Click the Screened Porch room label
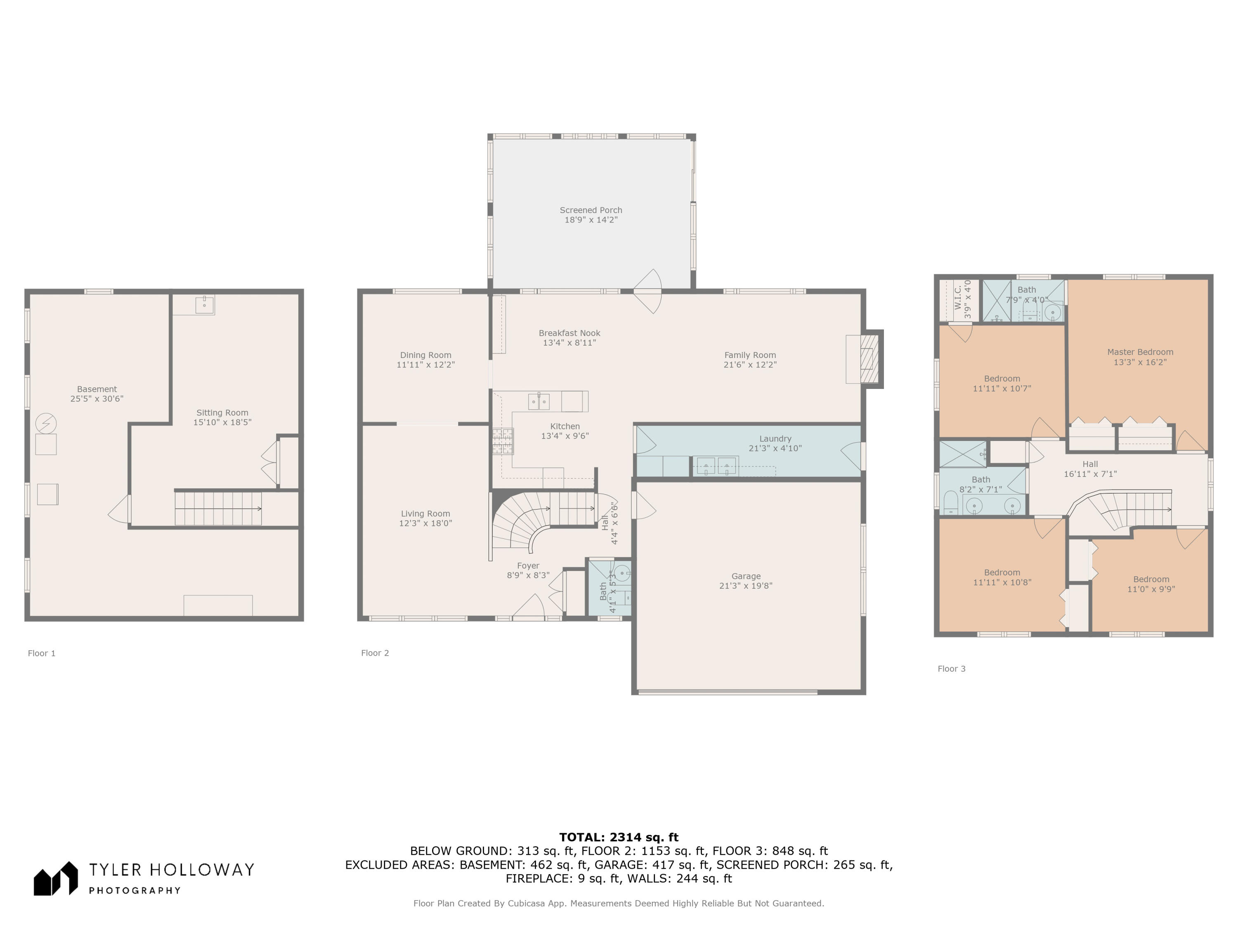click(591, 210)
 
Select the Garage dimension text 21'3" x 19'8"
click(746, 586)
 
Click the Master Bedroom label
click(1140, 352)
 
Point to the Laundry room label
click(775, 438)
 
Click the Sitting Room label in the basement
click(222, 413)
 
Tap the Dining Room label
click(425, 355)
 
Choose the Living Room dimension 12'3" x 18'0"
click(425, 524)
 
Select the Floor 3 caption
click(952, 668)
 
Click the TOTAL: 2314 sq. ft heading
click(619, 837)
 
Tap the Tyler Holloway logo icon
click(55, 879)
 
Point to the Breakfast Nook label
click(569, 333)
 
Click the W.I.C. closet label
click(958, 297)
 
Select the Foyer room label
click(528, 566)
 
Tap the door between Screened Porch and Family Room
click(648, 291)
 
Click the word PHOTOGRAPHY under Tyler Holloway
click(135, 890)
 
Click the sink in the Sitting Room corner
click(204, 305)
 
